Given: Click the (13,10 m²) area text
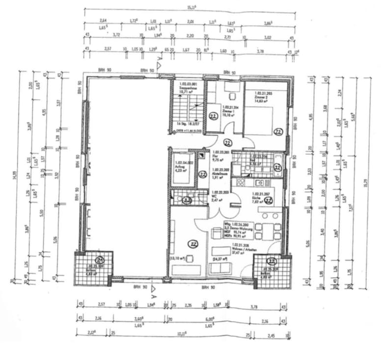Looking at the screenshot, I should (178, 258).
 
